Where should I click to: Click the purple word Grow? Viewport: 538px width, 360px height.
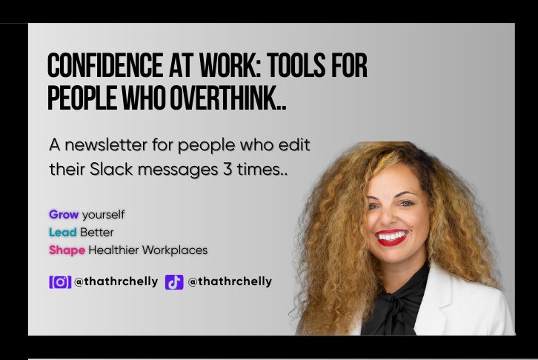click(x=64, y=215)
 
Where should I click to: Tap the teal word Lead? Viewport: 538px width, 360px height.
click(x=63, y=233)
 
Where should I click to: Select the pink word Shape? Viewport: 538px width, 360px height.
click(x=67, y=250)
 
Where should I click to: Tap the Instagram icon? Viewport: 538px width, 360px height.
click(x=59, y=282)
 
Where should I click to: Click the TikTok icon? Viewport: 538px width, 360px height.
click(x=174, y=282)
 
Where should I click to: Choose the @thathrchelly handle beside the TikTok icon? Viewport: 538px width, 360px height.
click(x=230, y=282)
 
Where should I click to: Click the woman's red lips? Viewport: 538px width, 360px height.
click(x=391, y=237)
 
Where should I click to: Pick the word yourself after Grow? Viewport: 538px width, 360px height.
click(x=103, y=215)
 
